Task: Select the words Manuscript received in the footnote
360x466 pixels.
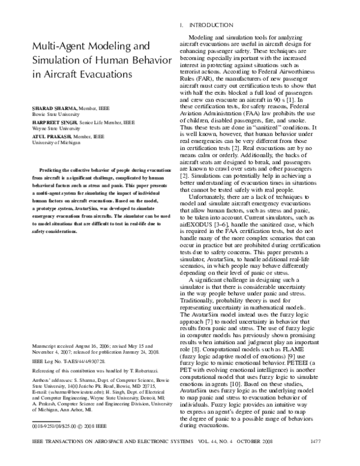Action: [53, 347]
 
